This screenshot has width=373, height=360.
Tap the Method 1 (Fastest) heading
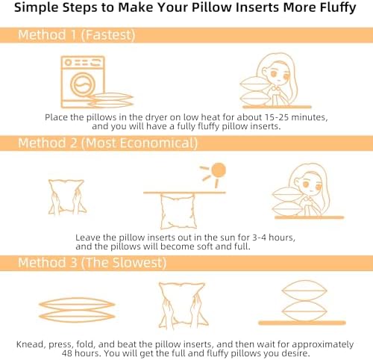(77, 35)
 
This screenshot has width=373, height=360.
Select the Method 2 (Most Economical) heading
(107, 143)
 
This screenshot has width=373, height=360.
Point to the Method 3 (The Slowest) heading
(93, 263)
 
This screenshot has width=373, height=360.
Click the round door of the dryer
(83, 84)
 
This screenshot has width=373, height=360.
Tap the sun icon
(214, 174)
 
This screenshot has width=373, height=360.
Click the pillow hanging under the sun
(178, 211)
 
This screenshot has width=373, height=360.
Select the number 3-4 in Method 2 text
(259, 238)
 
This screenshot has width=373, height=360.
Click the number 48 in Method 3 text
(67, 353)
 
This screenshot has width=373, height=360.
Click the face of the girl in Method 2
(311, 184)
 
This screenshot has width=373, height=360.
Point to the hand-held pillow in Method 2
(66, 196)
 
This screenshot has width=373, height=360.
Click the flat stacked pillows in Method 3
(77, 310)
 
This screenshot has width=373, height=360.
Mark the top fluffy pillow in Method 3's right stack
(304, 291)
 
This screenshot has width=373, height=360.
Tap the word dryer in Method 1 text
(157, 117)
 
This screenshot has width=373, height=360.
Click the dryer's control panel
(83, 62)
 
